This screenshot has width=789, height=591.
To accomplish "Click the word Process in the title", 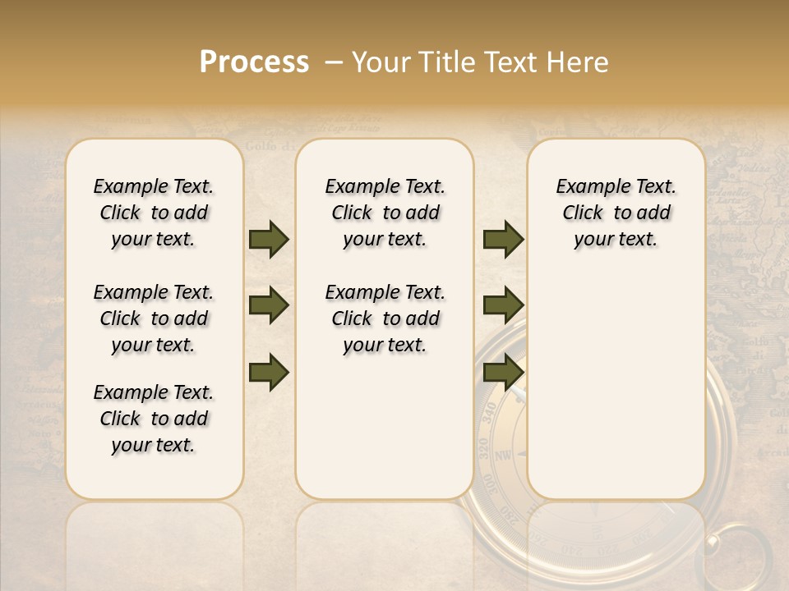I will (x=254, y=62).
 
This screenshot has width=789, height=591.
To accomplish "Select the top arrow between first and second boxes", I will (x=269, y=240).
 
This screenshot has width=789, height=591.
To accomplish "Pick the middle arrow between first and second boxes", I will (x=269, y=305).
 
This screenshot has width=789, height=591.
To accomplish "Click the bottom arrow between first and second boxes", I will (x=269, y=371).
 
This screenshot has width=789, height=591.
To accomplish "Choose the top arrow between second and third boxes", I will (x=503, y=240).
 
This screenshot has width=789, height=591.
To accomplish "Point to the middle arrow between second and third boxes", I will (x=503, y=305).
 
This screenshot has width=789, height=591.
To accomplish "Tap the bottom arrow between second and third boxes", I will (x=503, y=371).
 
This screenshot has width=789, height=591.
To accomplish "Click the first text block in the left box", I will (x=154, y=213).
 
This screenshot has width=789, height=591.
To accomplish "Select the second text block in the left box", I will (x=154, y=318).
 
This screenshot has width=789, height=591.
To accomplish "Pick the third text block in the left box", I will (x=154, y=419).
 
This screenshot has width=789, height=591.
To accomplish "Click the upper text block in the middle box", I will (x=385, y=213).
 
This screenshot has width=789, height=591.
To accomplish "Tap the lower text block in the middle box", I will (x=385, y=318).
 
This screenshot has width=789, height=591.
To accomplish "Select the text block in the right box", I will (x=616, y=213).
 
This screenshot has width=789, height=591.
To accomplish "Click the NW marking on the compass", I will (x=503, y=456).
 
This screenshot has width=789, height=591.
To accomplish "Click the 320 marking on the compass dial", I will (x=482, y=447).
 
